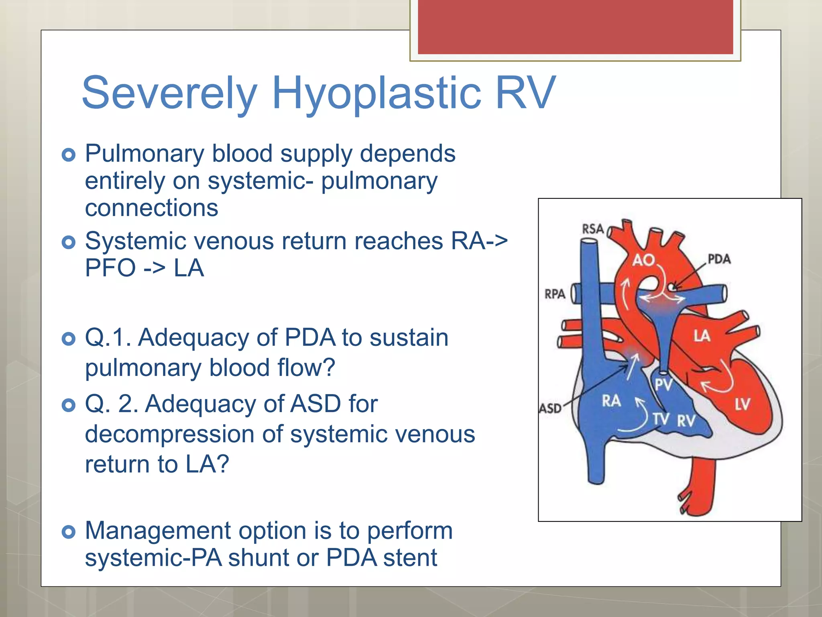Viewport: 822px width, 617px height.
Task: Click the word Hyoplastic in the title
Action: [376, 93]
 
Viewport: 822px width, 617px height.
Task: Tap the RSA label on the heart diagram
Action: [593, 229]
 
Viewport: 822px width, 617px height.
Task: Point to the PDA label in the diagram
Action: [719, 259]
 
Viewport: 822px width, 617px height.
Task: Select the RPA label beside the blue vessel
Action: [555, 294]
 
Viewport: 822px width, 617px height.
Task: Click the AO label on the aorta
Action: [643, 260]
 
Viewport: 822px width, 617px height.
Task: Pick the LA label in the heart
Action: [702, 336]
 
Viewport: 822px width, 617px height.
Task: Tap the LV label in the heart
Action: [742, 404]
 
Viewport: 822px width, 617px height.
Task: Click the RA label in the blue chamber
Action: [611, 400]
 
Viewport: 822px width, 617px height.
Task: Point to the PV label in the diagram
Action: [663, 385]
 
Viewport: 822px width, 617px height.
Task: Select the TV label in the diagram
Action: [661, 419]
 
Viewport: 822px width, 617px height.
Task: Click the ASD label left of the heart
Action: [550, 409]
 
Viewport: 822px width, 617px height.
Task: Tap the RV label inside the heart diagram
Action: [686, 421]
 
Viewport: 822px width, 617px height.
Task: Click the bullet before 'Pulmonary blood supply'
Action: [69, 155]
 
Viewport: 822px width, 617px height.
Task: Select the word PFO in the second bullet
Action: [110, 268]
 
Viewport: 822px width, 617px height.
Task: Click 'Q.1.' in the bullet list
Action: [108, 337]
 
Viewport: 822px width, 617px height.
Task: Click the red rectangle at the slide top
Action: [575, 27]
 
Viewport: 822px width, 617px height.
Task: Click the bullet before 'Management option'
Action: [69, 532]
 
